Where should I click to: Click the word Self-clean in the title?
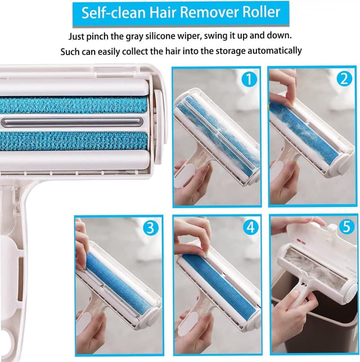coord(111,13)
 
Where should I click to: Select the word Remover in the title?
coord(209,13)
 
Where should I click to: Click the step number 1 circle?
coord(249,80)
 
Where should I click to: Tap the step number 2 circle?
coord(344,80)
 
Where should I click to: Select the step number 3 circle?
coord(150,228)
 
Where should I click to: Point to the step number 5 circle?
coord(344,228)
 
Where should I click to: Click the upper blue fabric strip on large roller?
coord(73,105)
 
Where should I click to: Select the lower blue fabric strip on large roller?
coord(73,141)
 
